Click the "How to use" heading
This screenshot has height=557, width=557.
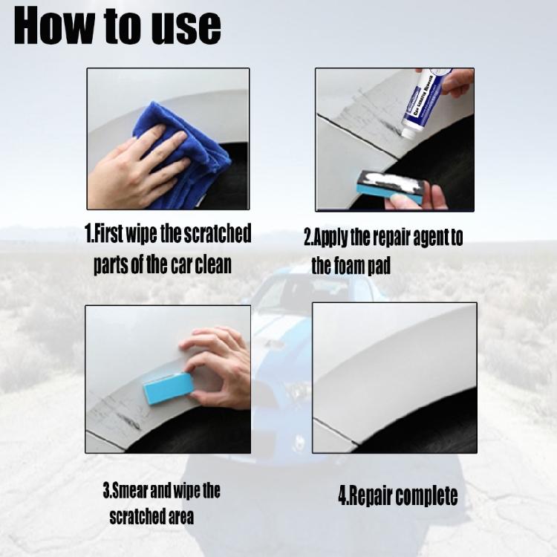pos(117,27)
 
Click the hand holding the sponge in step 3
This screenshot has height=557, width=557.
pos(219,364)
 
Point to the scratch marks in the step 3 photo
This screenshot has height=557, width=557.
pos(123,412)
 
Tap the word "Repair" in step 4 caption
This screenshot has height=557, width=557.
pos(369,497)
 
